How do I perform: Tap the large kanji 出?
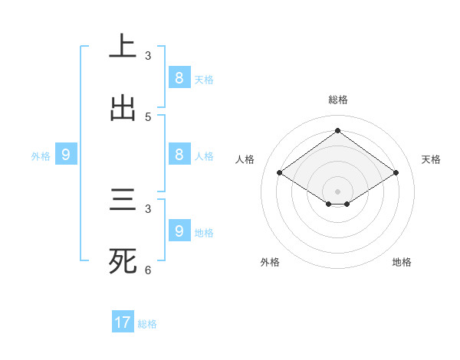point(123,108)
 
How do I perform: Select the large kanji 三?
point(123,201)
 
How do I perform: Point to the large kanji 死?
point(123,261)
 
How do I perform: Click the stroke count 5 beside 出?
point(148,117)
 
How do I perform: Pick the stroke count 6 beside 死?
point(148,270)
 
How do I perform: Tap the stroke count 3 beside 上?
point(148,56)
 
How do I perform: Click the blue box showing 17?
point(123,322)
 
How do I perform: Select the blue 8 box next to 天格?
point(179,77)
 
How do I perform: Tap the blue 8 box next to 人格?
point(179,155)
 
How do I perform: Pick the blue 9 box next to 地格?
point(179,231)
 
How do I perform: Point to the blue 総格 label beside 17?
point(147,324)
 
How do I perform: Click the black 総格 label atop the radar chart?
point(337,100)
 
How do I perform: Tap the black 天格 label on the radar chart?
point(431,159)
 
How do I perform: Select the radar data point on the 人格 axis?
point(280,173)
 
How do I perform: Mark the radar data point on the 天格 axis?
point(396,173)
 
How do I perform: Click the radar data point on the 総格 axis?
point(337,130)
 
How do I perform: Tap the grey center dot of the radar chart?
point(337,191)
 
